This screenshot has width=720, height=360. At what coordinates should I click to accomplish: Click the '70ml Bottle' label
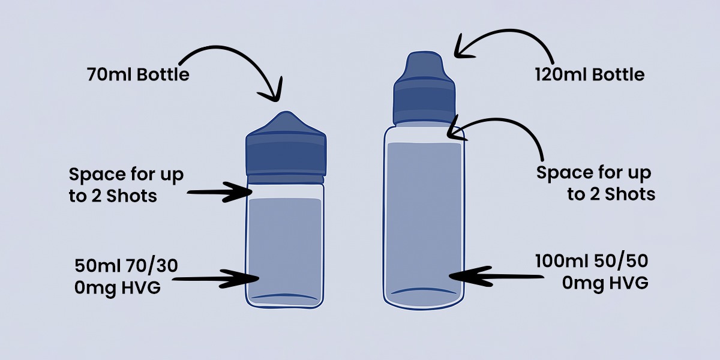[x=138, y=74]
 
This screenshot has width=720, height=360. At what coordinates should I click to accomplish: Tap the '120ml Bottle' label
[x=590, y=74]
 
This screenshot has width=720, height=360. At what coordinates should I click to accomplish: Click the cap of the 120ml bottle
[x=424, y=88]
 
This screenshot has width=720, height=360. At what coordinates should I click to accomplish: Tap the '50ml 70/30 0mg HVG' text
[x=126, y=277]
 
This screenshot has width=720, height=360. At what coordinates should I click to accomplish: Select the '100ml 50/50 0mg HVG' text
[x=592, y=272]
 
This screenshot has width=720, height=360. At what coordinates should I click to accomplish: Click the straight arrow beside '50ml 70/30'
[x=216, y=278]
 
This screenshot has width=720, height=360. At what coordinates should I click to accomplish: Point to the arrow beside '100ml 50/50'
[x=497, y=277]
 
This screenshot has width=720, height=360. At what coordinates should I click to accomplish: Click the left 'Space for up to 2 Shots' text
[x=126, y=185]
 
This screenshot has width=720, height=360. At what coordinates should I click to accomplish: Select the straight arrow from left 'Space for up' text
[x=220, y=192]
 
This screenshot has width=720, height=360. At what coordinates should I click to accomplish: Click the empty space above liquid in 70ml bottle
[x=286, y=192]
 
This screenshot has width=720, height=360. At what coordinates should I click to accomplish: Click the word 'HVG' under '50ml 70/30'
[x=141, y=287]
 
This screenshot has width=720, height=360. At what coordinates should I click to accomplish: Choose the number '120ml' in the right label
[x=561, y=74]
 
